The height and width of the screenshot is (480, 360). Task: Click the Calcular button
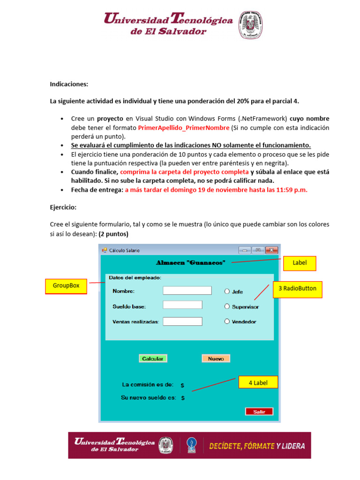point(153,359)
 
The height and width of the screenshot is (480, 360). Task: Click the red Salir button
point(259,412)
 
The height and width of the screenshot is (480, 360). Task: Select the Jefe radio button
point(227,292)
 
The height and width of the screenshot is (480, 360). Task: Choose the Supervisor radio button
point(227,307)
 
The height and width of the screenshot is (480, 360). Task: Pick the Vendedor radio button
point(227,322)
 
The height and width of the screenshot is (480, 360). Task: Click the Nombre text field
point(187,291)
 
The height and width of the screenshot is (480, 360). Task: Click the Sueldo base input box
point(182,305)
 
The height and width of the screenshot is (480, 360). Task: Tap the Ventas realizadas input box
point(182,322)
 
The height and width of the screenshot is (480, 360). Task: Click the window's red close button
point(272,250)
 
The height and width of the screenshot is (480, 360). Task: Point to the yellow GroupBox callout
point(66,286)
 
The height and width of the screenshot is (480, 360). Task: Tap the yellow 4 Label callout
point(258,382)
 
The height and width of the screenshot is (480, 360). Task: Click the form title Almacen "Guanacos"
point(190,262)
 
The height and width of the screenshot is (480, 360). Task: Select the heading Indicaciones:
point(69,84)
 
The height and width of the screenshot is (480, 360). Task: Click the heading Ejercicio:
point(63,207)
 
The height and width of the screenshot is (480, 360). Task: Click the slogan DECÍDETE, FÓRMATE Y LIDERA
point(256,446)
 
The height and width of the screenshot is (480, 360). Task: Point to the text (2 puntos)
point(113,233)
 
